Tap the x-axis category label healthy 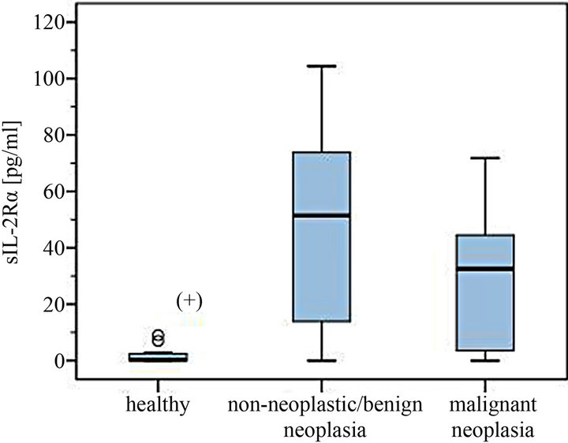pyautogui.click(x=158, y=407)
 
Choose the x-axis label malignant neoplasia pyautogui.click(x=491, y=419)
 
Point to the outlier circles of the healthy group pyautogui.click(x=158, y=337)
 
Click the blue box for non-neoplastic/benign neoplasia pyautogui.click(x=321, y=236)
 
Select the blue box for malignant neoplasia pyautogui.click(x=491, y=292)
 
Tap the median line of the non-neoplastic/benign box pyautogui.click(x=321, y=215)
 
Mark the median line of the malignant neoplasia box pyautogui.click(x=491, y=269)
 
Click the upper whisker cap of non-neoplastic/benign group pyautogui.click(x=321, y=66)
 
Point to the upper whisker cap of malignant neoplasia pyautogui.click(x=491, y=158)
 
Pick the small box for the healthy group pyautogui.click(x=158, y=357)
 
